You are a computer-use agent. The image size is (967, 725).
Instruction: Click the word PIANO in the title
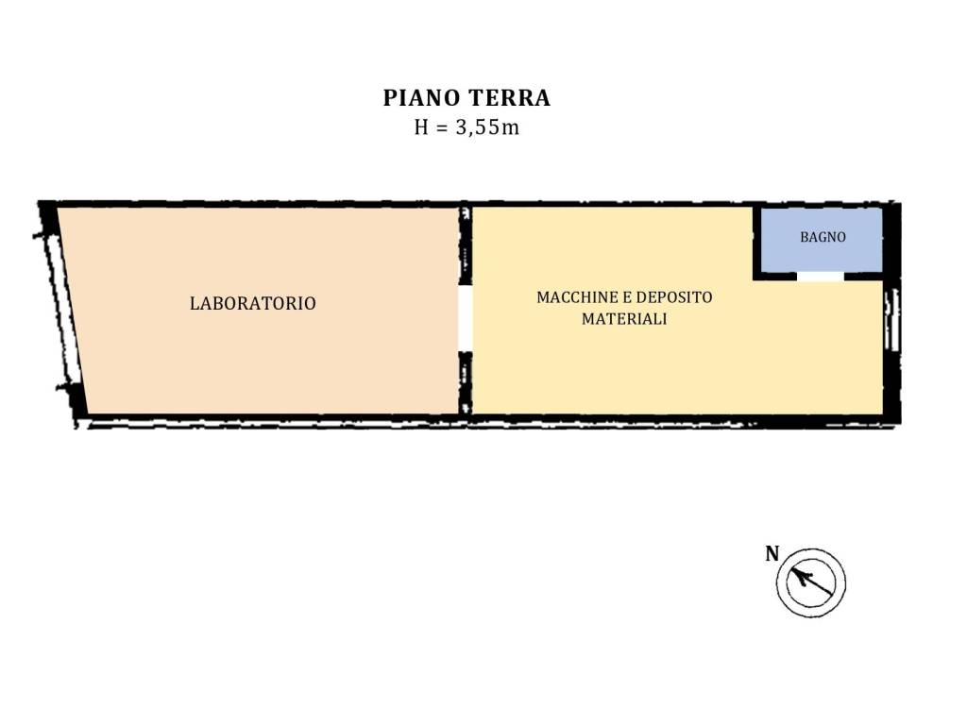[422, 98]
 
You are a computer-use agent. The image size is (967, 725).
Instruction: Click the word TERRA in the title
[509, 98]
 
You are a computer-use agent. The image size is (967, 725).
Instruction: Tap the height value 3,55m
[487, 127]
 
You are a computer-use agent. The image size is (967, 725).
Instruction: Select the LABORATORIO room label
[253, 303]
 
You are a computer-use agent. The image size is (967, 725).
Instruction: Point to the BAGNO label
[823, 237]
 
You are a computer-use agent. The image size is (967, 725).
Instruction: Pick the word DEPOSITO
[674, 297]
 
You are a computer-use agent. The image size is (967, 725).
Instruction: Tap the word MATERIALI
[624, 319]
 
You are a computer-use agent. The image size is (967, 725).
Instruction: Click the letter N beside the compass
[772, 553]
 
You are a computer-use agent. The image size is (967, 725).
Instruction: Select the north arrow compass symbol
[811, 582]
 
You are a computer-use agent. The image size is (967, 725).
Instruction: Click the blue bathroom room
[822, 239]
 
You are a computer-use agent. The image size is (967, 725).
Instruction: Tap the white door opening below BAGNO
[821, 277]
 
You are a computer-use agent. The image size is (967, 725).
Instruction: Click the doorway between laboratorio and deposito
[466, 317]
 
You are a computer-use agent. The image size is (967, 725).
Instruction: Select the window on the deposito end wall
[891, 319]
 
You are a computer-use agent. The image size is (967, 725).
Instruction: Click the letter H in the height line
[421, 127]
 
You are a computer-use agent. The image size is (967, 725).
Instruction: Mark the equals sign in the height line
[442, 128]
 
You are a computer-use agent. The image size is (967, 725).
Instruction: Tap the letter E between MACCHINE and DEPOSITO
[627, 297]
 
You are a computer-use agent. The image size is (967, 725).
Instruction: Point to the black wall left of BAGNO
[756, 244]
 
